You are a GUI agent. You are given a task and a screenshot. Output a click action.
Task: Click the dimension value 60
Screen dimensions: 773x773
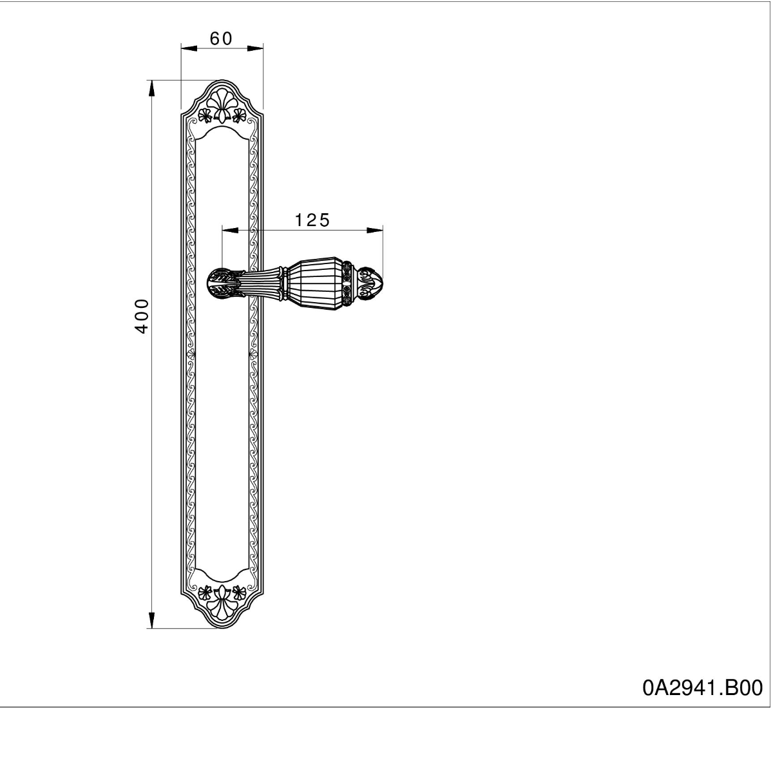pos(221,39)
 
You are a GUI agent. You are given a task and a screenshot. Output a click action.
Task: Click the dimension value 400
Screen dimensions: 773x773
pos(141,316)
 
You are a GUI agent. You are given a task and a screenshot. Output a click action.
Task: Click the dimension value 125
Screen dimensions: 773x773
pos(312,220)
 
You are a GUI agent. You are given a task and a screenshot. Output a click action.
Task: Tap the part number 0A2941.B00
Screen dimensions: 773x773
pos(702,687)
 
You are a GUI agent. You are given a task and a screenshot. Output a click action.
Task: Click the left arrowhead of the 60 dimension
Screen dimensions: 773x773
pos(189,48)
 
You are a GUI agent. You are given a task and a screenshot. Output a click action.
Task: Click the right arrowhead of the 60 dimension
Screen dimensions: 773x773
pos(255,48)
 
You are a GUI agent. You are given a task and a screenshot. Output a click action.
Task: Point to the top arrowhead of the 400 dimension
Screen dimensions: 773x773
pos(151,88)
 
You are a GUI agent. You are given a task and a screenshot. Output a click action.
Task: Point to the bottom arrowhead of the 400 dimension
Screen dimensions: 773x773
pos(151,620)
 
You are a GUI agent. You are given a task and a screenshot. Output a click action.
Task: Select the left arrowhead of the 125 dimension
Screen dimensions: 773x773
pos(230,230)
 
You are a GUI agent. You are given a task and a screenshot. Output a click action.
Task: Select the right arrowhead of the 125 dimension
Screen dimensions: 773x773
pos(375,230)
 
